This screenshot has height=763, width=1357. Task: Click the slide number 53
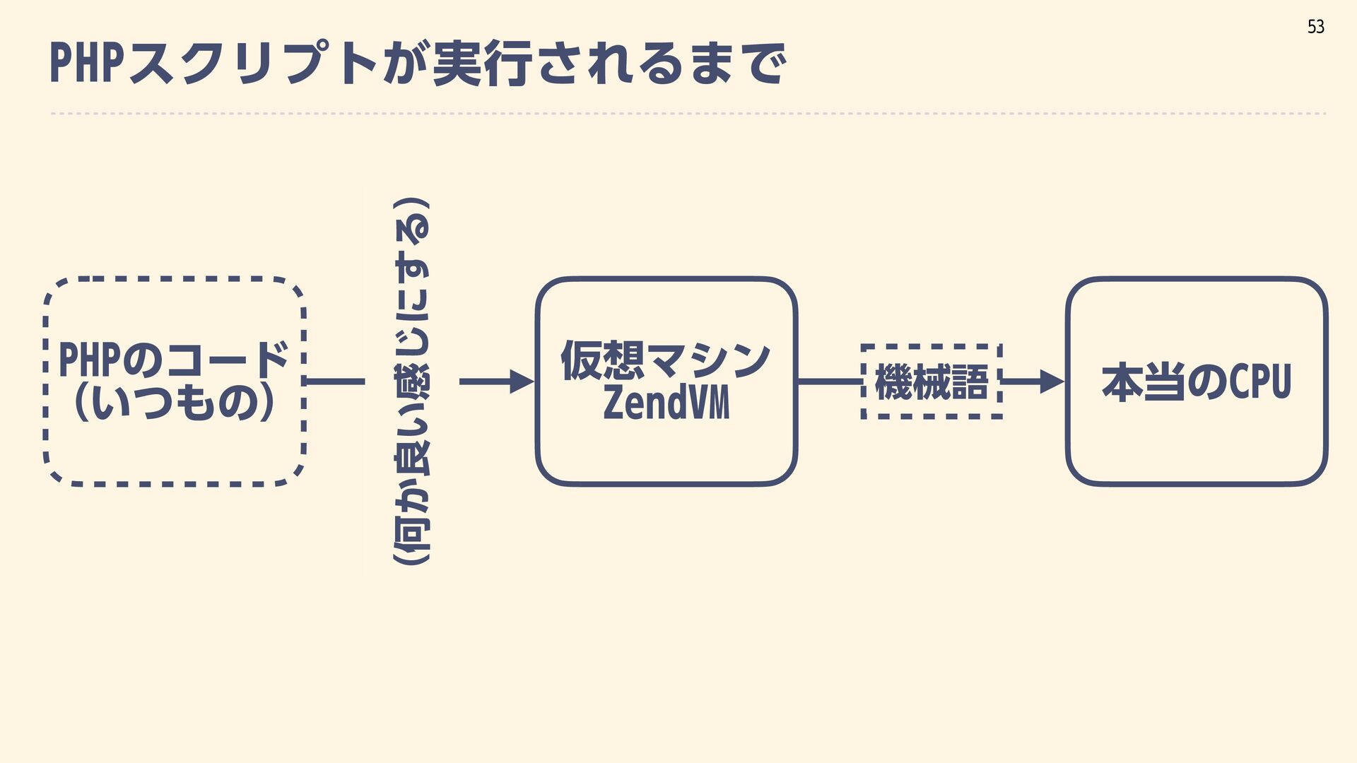click(x=1315, y=27)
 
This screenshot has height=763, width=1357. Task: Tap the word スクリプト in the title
click(x=254, y=64)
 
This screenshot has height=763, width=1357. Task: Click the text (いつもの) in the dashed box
click(x=173, y=403)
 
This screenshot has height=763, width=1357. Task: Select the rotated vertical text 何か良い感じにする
click(x=412, y=381)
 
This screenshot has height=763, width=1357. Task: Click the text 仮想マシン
click(x=665, y=360)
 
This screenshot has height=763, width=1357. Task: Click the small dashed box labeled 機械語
click(x=931, y=381)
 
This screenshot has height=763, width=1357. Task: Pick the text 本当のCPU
click(x=1196, y=381)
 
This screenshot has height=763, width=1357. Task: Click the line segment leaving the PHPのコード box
click(x=336, y=381)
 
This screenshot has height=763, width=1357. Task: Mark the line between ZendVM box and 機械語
click(x=830, y=381)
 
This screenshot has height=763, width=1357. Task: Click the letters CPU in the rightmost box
click(x=1260, y=381)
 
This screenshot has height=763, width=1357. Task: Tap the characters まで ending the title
click(x=739, y=64)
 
